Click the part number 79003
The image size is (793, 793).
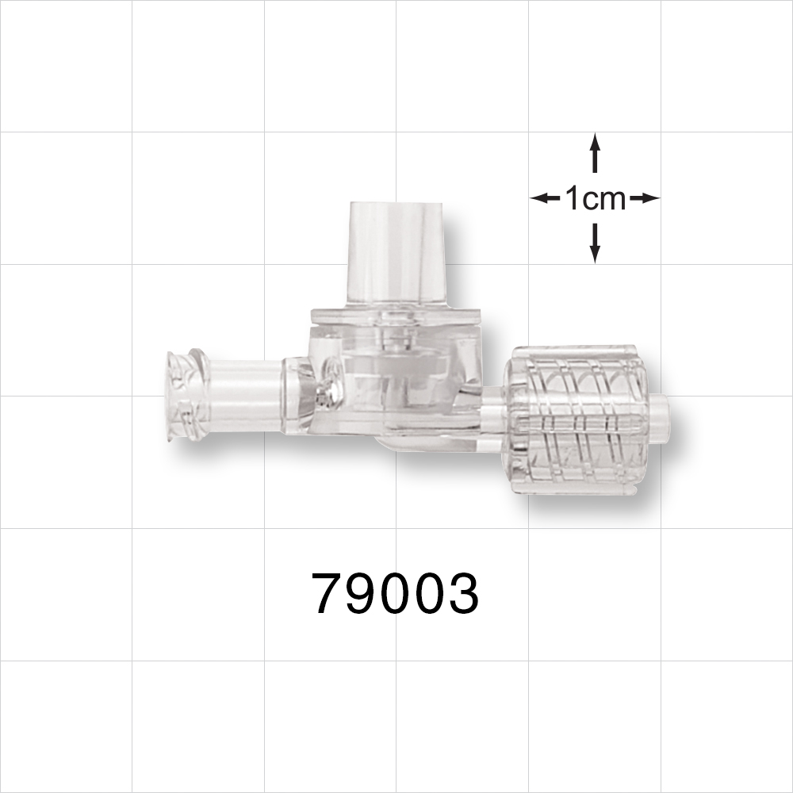pyautogui.click(x=396, y=594)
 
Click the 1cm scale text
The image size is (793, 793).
pyautogui.click(x=595, y=199)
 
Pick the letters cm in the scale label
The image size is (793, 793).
pyautogui.click(x=607, y=200)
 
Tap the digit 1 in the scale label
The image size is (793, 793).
pyautogui.click(x=572, y=199)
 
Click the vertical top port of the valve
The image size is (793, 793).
pyautogui.click(x=396, y=255)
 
